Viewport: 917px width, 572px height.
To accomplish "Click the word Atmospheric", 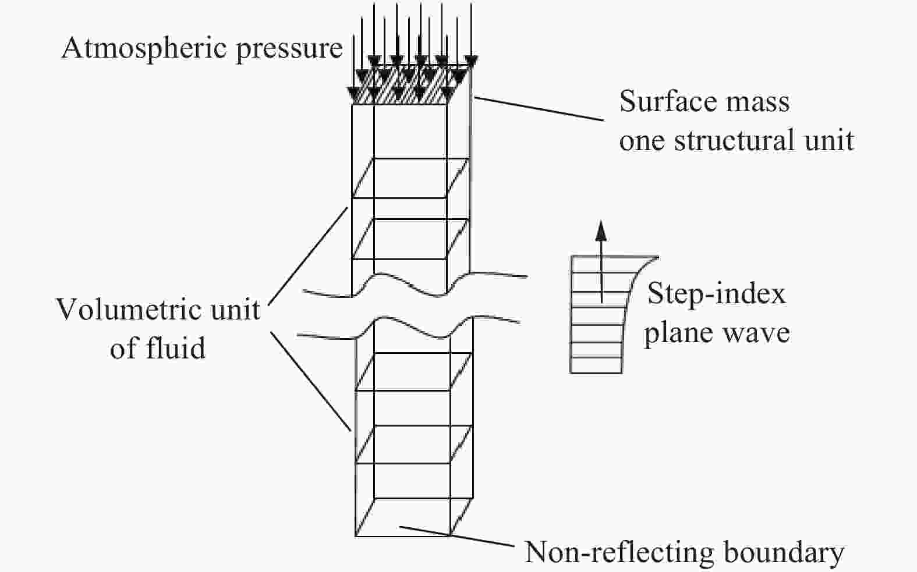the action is coord(144,49).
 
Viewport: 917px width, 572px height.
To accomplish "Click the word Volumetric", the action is coord(130,310).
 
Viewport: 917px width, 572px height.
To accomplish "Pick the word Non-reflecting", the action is coord(619,553).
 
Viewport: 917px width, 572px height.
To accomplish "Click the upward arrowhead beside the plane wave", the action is coord(601,231).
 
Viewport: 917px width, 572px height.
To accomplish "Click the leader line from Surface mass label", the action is coord(539,109).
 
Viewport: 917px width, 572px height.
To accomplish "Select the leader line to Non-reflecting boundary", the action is coord(456,537).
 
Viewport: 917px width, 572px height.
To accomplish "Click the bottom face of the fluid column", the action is coord(414,517).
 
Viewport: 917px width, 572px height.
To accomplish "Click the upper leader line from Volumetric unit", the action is coord(308,257).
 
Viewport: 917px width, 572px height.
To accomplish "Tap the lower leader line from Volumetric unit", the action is coord(310,381).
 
